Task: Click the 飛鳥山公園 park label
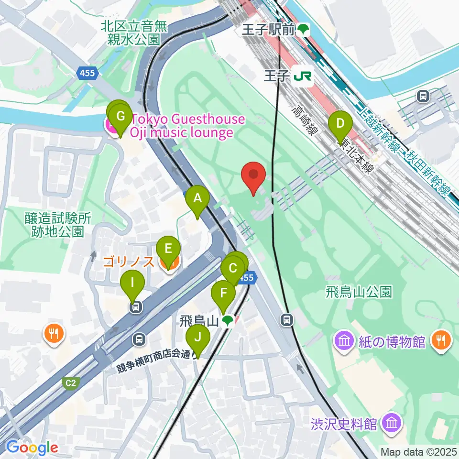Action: pyautogui.click(x=359, y=291)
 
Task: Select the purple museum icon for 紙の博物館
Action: pyautogui.click(x=344, y=341)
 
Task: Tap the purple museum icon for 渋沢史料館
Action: pyautogui.click(x=393, y=423)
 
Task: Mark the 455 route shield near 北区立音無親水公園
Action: pyautogui.click(x=87, y=74)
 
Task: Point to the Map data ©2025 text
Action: pyautogui.click(x=418, y=452)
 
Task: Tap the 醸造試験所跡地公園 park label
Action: pyautogui.click(x=58, y=225)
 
